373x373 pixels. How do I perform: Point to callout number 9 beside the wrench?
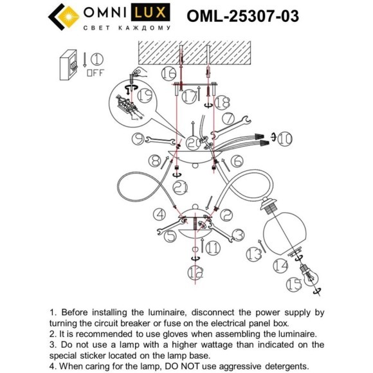point(138,137)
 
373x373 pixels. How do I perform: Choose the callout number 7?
point(227,119)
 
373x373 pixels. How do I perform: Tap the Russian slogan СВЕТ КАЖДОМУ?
point(127,29)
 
